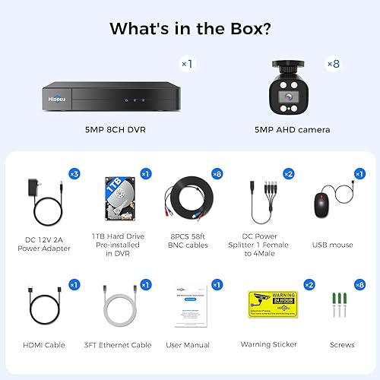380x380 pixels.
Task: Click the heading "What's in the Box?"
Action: tap(190, 29)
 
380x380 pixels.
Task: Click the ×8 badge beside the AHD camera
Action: tap(334, 64)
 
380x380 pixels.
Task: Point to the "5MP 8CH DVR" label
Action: tap(115, 130)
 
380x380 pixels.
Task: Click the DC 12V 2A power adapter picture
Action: tap(45, 201)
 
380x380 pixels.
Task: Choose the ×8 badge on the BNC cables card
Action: tap(218, 174)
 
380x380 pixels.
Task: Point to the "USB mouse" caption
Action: tap(331, 245)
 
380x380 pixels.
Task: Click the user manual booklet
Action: tap(189, 307)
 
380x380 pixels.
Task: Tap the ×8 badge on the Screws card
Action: tap(360, 284)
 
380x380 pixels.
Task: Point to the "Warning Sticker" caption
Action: tap(269, 344)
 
